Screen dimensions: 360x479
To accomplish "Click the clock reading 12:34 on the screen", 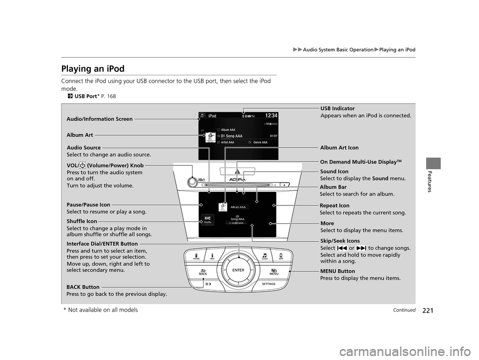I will [x=265, y=116].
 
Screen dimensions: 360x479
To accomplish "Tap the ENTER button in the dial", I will [x=238, y=269].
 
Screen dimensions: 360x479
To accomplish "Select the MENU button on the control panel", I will [x=273, y=272].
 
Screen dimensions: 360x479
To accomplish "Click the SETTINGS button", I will [x=268, y=284].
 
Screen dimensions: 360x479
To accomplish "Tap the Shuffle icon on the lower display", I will [x=208, y=220].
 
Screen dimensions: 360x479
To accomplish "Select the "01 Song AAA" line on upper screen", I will [x=233, y=136].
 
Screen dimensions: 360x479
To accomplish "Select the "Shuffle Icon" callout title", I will [x=82, y=221].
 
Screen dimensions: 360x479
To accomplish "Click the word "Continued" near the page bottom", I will [x=404, y=310].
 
